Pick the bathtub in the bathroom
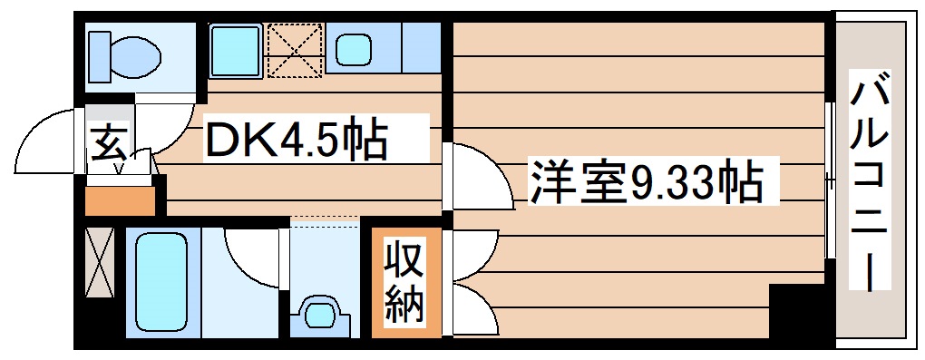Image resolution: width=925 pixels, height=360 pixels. point(161,281)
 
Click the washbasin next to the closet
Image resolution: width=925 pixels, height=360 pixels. point(321,313)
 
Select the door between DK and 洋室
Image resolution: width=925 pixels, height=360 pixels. point(475,176)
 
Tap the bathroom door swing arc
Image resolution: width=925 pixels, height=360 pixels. point(249,254)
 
